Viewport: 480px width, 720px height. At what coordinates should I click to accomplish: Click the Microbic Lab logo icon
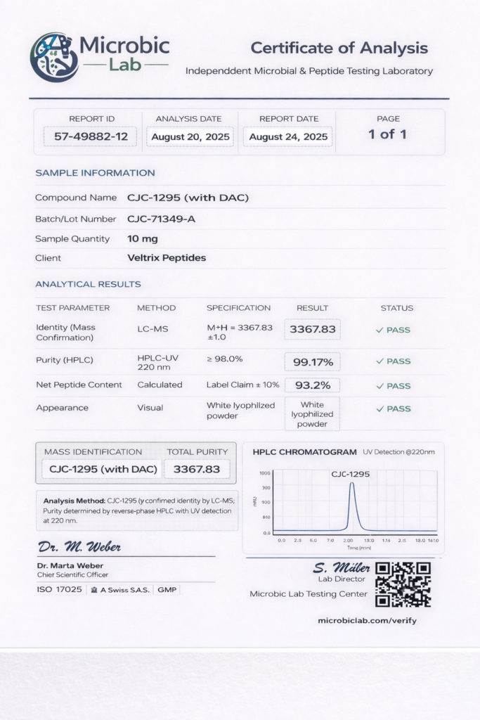tap(54, 57)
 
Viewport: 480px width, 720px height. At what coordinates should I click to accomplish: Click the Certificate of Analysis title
tap(339, 48)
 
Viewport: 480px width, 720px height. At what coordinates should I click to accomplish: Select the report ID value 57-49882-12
tap(90, 136)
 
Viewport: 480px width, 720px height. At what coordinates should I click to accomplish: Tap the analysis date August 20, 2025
tap(190, 136)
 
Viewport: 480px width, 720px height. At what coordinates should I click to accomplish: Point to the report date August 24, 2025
tap(288, 136)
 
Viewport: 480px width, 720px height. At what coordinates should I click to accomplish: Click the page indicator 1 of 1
tap(387, 134)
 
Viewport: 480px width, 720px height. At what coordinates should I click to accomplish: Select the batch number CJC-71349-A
tap(161, 219)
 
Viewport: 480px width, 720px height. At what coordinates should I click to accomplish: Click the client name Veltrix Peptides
tap(167, 258)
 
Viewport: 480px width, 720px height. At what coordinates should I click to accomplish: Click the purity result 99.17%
tap(312, 361)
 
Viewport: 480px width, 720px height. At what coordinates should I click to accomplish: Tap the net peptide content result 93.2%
tap(312, 385)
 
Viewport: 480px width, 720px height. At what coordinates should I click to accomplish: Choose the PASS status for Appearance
tap(394, 409)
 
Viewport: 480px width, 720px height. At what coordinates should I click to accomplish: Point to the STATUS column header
tap(396, 308)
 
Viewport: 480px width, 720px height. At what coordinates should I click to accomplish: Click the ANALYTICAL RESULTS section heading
tap(88, 284)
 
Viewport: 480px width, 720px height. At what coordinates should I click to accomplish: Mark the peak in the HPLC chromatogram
tap(351, 485)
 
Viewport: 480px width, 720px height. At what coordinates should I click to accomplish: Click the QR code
tap(403, 584)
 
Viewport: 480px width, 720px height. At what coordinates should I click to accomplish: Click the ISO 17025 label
tap(59, 589)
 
